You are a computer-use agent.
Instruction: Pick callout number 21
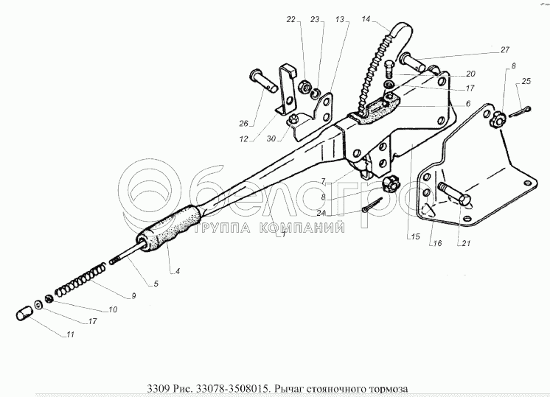pos(465,243)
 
